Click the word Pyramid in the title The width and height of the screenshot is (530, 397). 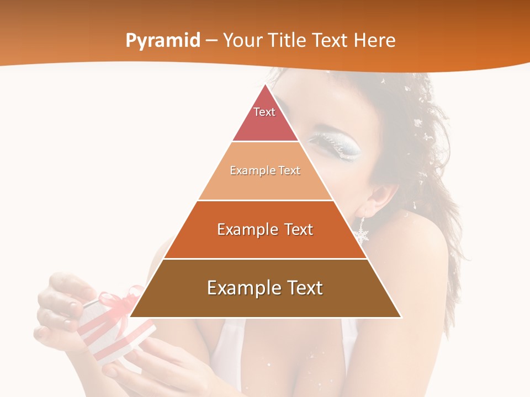[x=163, y=41]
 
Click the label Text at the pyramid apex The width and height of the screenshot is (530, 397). [x=264, y=112]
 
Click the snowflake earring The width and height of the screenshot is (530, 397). [x=362, y=234]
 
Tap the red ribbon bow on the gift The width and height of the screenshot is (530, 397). [x=119, y=301]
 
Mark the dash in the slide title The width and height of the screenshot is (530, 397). [x=211, y=41]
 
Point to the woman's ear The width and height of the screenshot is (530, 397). [x=381, y=198]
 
